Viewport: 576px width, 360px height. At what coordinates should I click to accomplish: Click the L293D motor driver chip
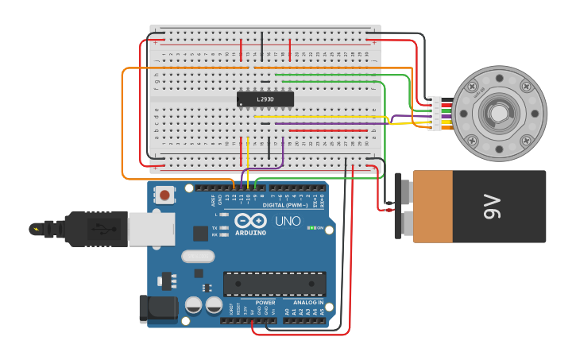point(265,99)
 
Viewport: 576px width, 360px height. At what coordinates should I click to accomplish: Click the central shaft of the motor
point(498,113)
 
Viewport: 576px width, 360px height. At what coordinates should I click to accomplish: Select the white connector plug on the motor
point(435,113)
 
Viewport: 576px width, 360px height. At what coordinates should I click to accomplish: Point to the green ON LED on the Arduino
point(311,228)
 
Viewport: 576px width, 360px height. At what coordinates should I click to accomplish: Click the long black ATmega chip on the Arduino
point(274,284)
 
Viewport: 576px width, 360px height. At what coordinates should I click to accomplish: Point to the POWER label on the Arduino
point(265,302)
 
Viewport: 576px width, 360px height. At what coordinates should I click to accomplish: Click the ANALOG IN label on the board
point(309,302)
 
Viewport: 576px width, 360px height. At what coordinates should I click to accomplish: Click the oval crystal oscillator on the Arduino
point(198,256)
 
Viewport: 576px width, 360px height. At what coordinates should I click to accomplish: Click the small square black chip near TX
point(201,233)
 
